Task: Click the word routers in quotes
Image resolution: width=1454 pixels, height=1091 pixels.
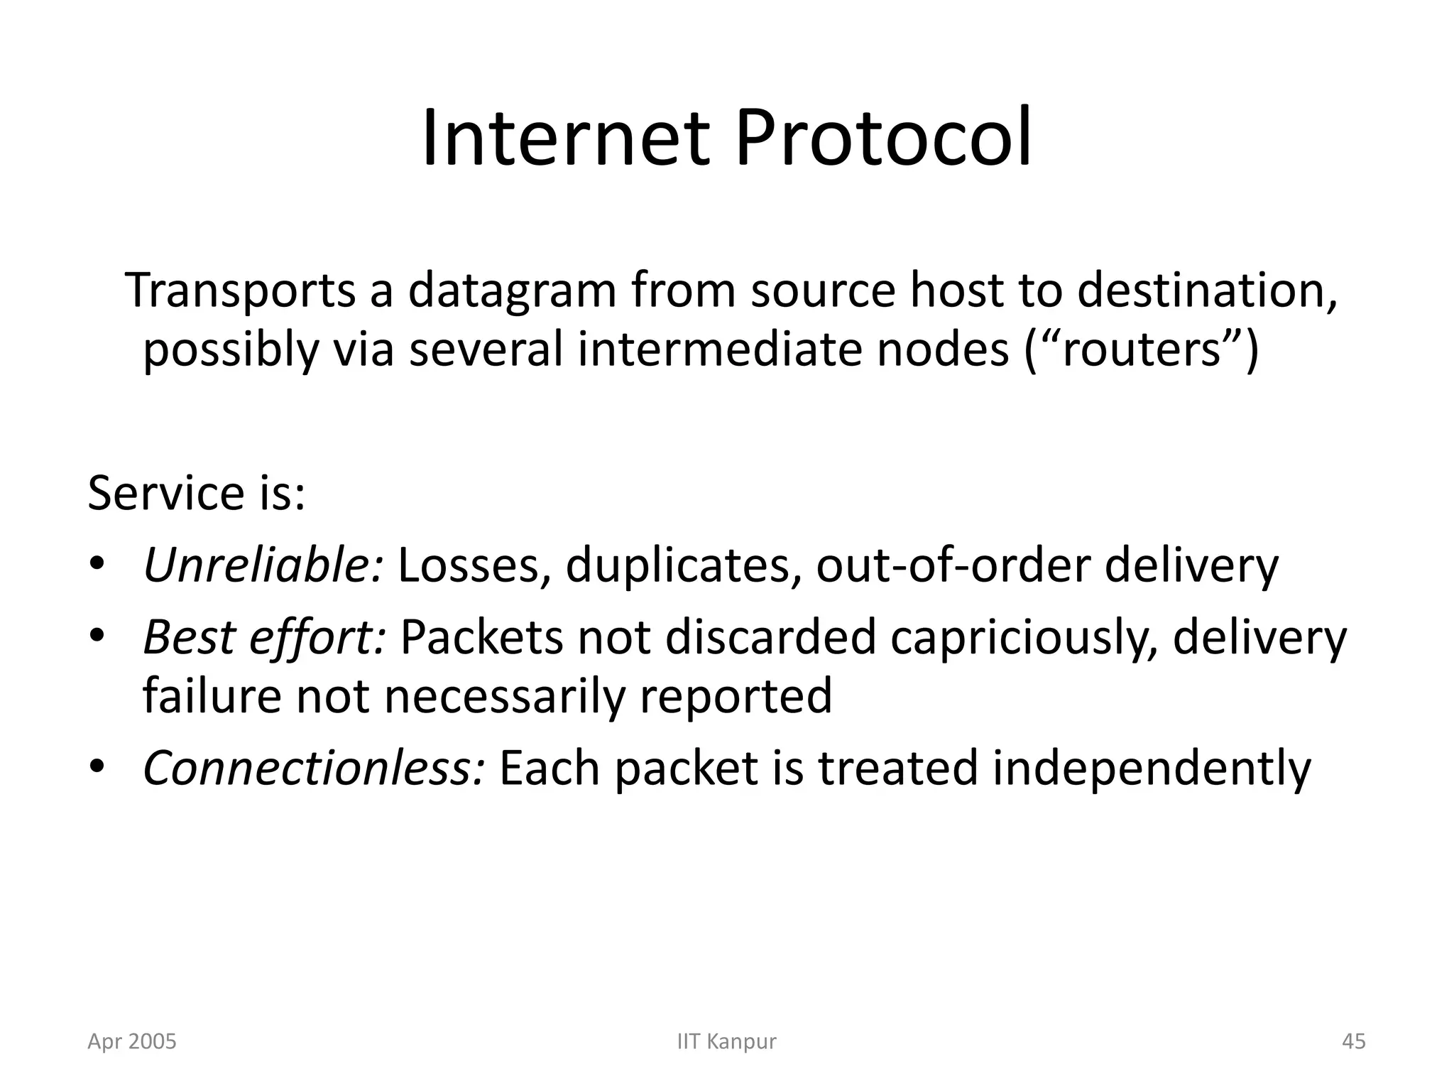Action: tap(1140, 349)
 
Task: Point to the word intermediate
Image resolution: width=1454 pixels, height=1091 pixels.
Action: tap(721, 349)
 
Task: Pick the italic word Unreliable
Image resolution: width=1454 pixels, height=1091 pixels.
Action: tap(263, 565)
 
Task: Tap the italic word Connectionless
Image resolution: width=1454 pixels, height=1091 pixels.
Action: tap(314, 768)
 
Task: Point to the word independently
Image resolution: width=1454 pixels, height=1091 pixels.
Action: tap(1151, 769)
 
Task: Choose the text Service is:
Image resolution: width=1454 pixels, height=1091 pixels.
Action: tap(196, 493)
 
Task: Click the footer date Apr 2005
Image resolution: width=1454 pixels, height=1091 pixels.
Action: tap(132, 1041)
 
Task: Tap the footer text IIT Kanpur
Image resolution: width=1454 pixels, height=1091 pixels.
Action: tap(727, 1041)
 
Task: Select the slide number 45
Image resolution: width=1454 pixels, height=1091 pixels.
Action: tap(1354, 1041)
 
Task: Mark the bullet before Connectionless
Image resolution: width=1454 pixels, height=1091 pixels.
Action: tap(97, 767)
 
